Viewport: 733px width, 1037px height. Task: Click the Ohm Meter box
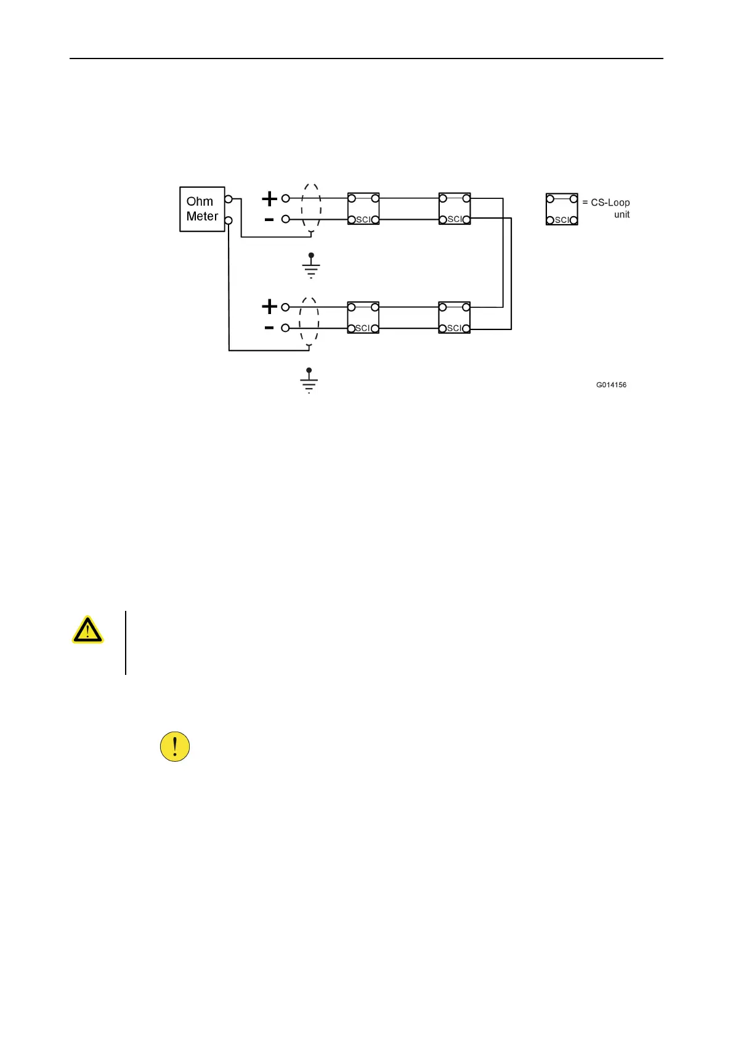(201, 209)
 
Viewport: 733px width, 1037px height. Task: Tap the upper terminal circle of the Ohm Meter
(229, 199)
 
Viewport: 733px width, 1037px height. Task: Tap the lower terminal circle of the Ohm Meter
(229, 220)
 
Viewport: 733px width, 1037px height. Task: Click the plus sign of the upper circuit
(269, 198)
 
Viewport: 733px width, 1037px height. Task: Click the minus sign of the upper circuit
(269, 219)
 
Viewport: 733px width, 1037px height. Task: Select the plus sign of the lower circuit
(269, 306)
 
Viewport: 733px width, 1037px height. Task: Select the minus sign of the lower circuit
(269, 328)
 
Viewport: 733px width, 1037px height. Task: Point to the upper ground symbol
(311, 265)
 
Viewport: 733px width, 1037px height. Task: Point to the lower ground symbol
(309, 381)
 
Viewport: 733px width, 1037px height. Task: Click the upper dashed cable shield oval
(311, 209)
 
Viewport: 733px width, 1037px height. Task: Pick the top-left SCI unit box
(363, 209)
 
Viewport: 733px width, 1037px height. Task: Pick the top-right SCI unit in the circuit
(455, 209)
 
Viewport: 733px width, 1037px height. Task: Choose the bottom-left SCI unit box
(363, 318)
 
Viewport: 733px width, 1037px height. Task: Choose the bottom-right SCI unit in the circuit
(455, 318)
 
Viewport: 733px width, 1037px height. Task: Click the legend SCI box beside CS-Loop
(562, 209)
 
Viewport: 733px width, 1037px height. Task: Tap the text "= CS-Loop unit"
(607, 208)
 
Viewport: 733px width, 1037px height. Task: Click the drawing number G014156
(611, 385)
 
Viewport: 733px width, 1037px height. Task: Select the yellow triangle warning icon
(87, 630)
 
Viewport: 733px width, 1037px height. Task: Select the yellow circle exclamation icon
(175, 747)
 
